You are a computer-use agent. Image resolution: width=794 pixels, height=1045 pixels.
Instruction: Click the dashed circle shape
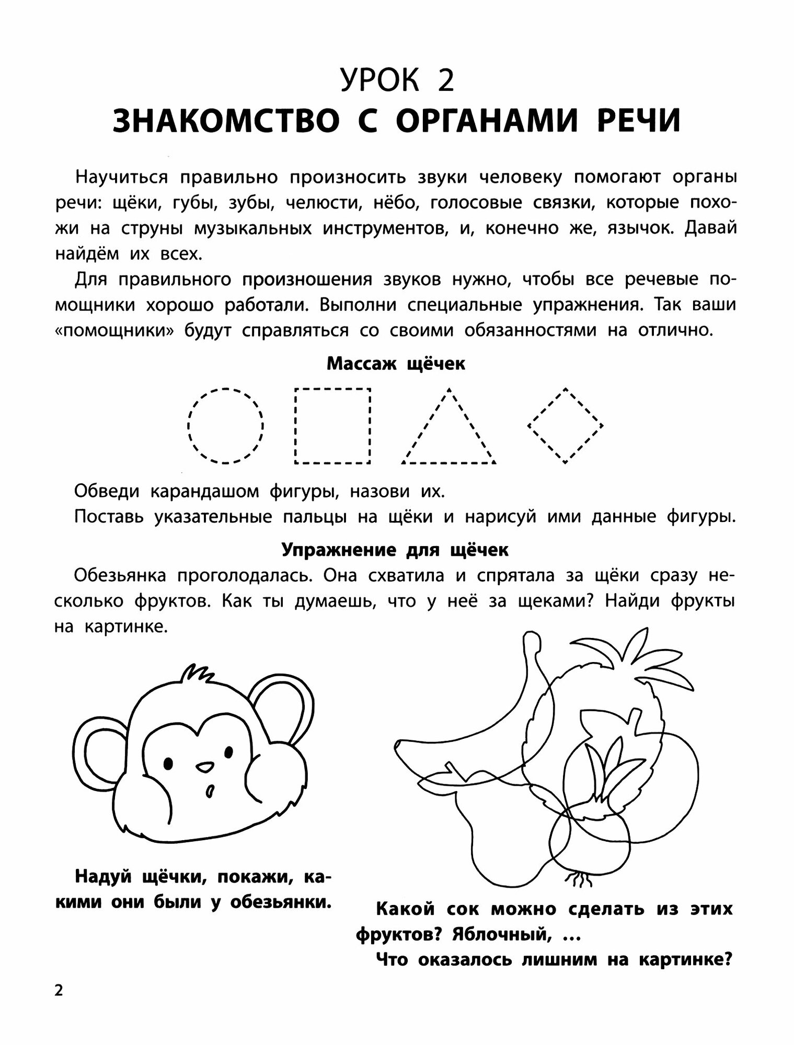coord(225,426)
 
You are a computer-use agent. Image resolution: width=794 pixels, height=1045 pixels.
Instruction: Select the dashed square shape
coord(333,426)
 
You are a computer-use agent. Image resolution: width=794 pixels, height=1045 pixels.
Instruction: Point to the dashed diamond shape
coord(565,425)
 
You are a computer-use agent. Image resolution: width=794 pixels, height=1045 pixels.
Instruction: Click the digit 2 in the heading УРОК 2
coord(446,81)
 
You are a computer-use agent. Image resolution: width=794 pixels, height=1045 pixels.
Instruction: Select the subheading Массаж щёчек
coord(396,364)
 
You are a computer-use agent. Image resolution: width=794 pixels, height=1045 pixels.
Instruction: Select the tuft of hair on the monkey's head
coord(195,674)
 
